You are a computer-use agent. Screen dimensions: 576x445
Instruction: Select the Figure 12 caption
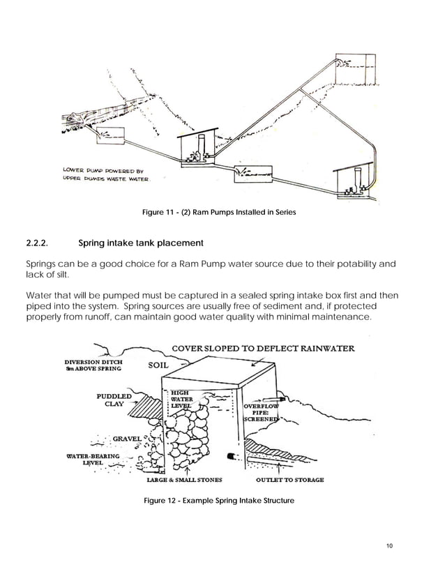pos(219,501)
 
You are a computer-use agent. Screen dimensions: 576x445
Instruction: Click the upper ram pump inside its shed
pos(200,153)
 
